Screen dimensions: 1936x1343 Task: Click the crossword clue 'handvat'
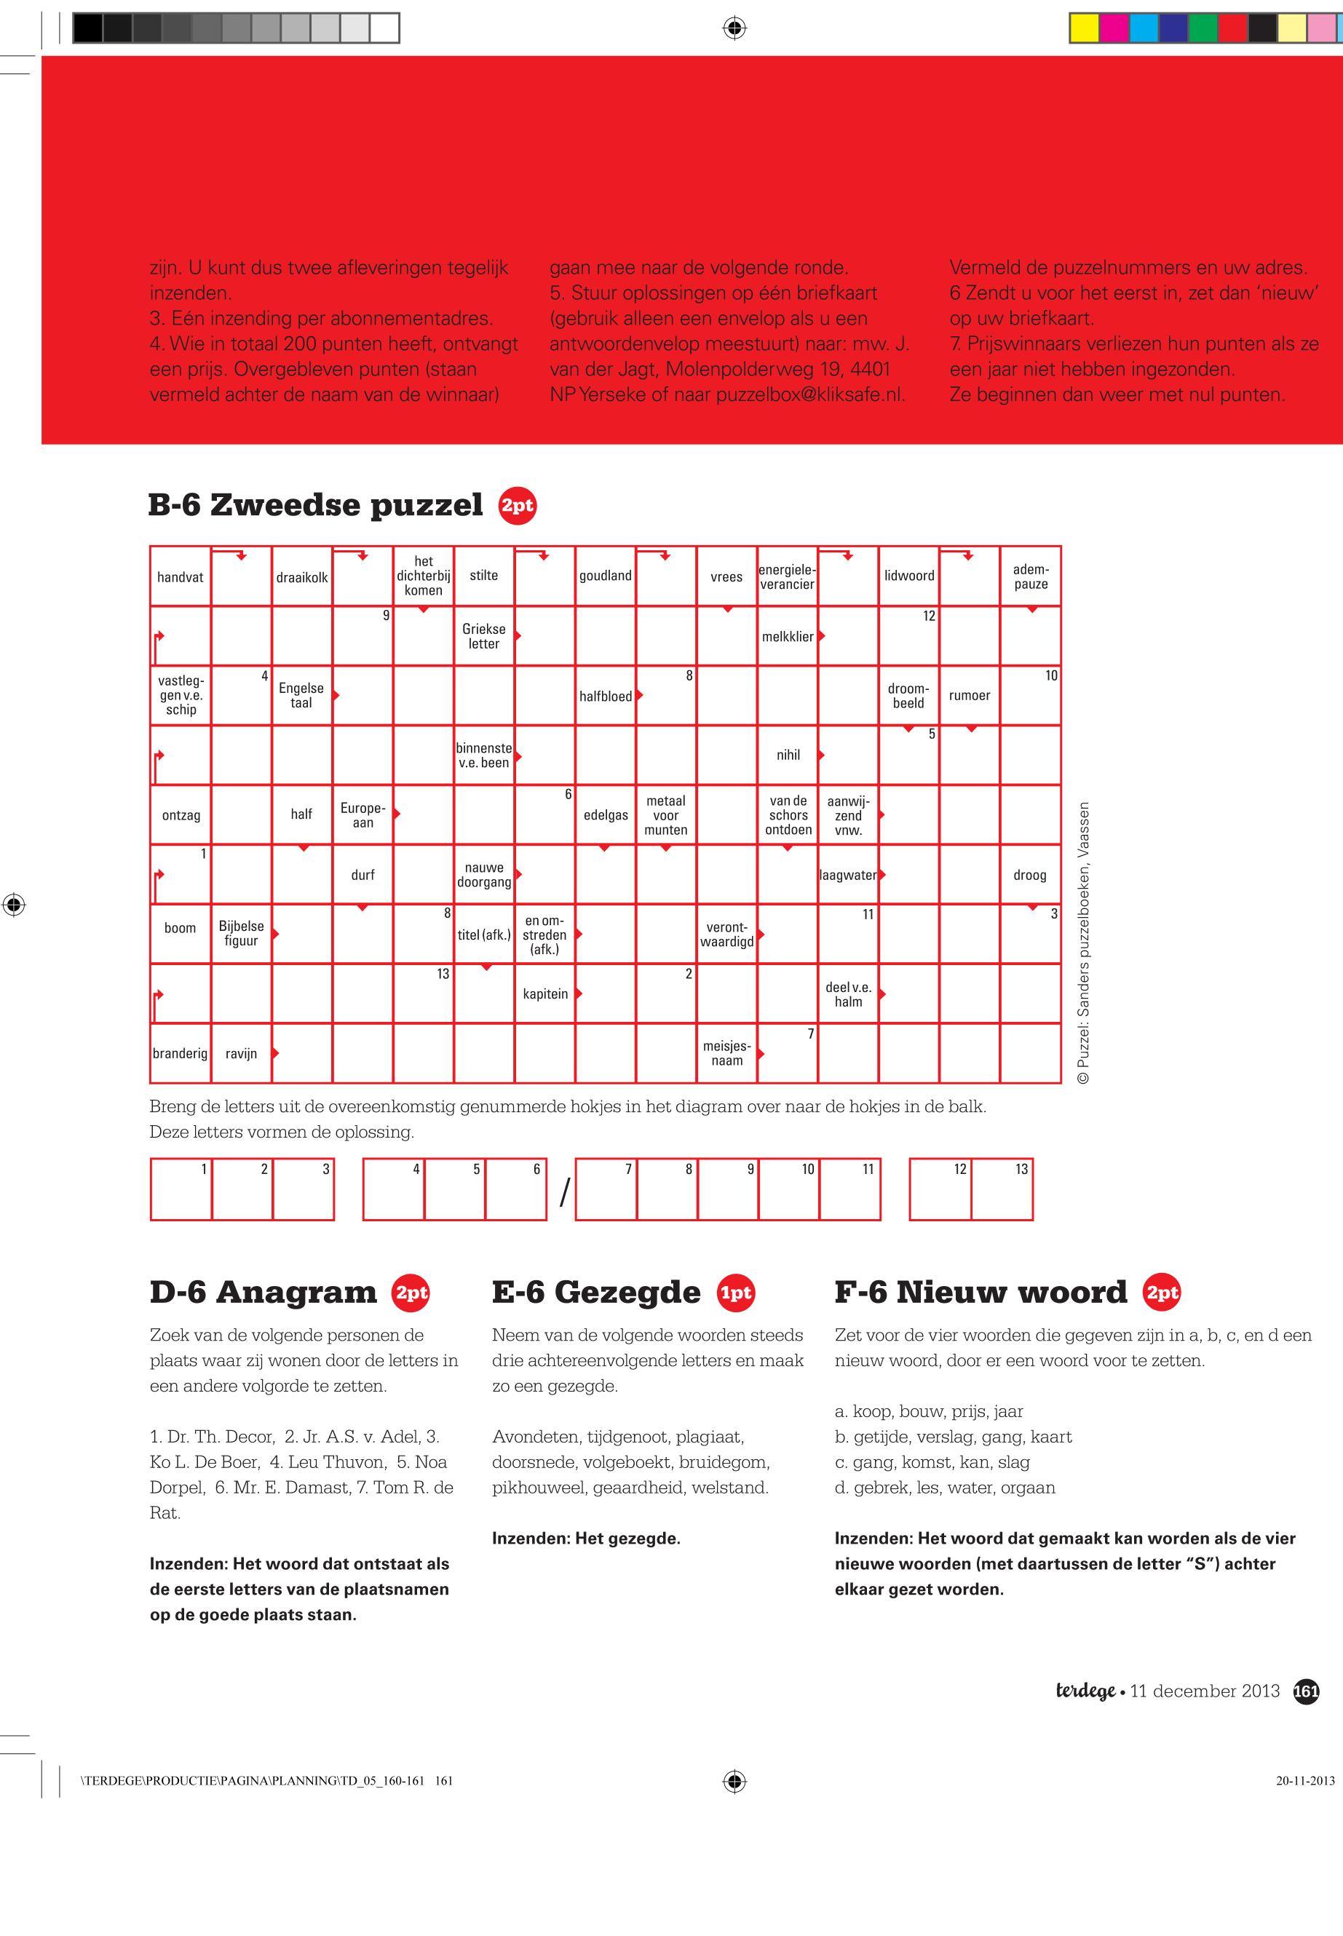coord(180,577)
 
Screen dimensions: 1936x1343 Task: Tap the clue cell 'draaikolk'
coord(301,577)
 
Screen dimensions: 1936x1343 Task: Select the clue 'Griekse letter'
coord(484,636)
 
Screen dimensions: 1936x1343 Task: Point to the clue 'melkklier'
coord(788,637)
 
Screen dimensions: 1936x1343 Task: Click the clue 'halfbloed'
coord(605,697)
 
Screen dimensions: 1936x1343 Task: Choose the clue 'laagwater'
coord(847,875)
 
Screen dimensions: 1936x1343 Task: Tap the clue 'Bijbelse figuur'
coord(241,934)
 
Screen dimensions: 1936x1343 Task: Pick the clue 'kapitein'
coord(545,993)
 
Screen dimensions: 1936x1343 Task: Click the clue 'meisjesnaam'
coord(727,1053)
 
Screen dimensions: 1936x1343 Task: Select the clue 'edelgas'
coord(606,815)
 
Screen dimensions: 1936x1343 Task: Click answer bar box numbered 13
coord(1002,1190)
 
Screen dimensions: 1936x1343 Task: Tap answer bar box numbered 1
coord(181,1190)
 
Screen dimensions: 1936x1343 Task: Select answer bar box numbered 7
coord(606,1190)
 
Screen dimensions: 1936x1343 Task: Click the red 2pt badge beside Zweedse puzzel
coord(517,506)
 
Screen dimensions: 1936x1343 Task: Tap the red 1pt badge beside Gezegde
coord(735,1293)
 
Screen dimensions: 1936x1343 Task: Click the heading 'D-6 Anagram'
coord(263,1293)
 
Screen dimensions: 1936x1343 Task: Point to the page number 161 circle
coord(1305,1691)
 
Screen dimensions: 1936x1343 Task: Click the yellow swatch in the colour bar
coord(1084,28)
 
